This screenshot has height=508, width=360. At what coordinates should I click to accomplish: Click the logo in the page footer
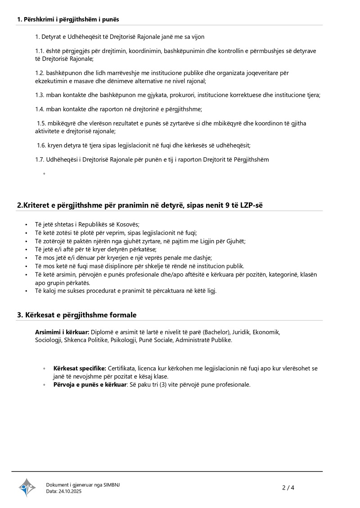(x=27, y=487)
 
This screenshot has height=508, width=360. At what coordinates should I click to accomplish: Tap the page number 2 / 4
(x=288, y=487)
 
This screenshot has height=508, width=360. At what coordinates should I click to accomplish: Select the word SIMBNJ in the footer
(x=112, y=485)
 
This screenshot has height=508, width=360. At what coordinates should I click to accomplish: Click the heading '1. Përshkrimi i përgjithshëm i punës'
(x=68, y=19)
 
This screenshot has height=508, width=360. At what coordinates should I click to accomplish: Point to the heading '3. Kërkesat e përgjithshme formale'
(x=76, y=315)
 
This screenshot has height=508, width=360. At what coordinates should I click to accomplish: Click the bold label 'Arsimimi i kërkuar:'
(x=62, y=332)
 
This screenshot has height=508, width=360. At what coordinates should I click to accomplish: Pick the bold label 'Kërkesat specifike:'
(x=80, y=368)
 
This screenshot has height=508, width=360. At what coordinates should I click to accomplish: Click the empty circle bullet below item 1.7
(x=44, y=174)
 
